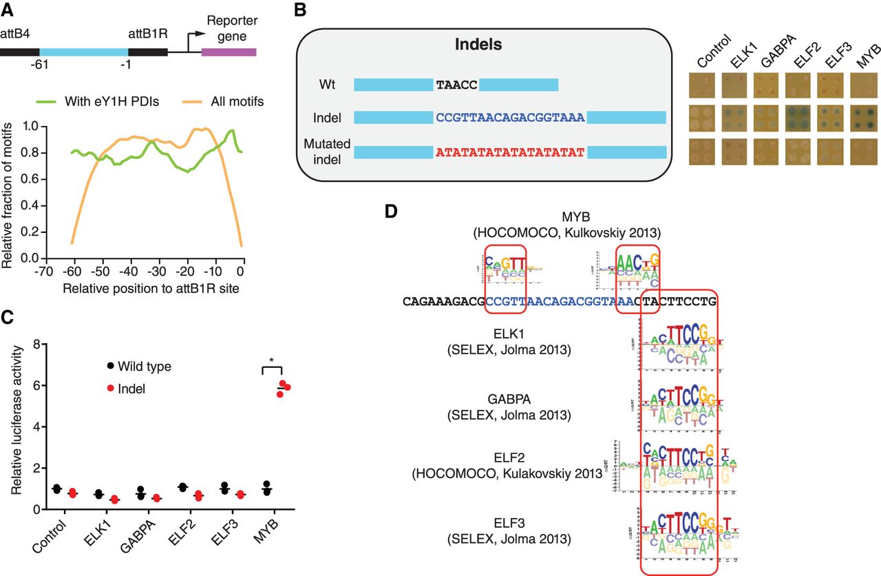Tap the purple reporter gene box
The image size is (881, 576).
click(x=229, y=52)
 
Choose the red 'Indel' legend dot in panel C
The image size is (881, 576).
click(x=109, y=389)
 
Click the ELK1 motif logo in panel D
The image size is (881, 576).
click(x=678, y=350)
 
